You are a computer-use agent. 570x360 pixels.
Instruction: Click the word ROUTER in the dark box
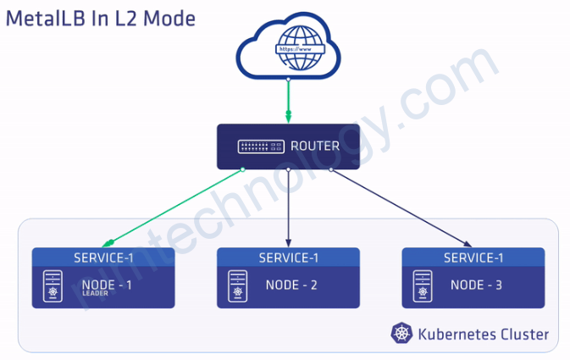pyautogui.click(x=314, y=146)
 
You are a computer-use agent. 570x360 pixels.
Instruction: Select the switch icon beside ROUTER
pyautogui.click(x=261, y=147)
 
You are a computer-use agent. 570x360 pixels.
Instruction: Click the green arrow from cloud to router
pyautogui.click(x=289, y=102)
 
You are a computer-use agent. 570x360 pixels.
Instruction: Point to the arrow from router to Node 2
pyautogui.click(x=289, y=208)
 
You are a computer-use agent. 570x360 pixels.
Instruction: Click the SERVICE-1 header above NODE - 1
pyautogui.click(x=103, y=258)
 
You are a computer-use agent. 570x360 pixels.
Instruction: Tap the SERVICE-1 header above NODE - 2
pyautogui.click(x=289, y=258)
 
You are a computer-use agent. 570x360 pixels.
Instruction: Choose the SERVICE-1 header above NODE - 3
pyautogui.click(x=473, y=258)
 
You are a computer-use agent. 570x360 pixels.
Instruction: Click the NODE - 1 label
pyautogui.click(x=107, y=285)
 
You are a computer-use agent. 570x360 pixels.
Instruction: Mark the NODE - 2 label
pyautogui.click(x=291, y=285)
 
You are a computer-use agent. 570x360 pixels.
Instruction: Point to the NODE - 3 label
pyautogui.click(x=476, y=285)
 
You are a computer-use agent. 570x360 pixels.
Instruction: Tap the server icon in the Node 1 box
pyautogui.click(x=53, y=286)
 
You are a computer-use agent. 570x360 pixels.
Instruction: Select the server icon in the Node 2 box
pyautogui.click(x=237, y=286)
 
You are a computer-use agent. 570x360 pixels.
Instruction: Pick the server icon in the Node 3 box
pyautogui.click(x=422, y=286)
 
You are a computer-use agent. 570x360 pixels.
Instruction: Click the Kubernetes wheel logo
pyautogui.click(x=401, y=334)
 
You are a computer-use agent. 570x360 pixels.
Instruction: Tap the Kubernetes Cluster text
pyautogui.click(x=483, y=335)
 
